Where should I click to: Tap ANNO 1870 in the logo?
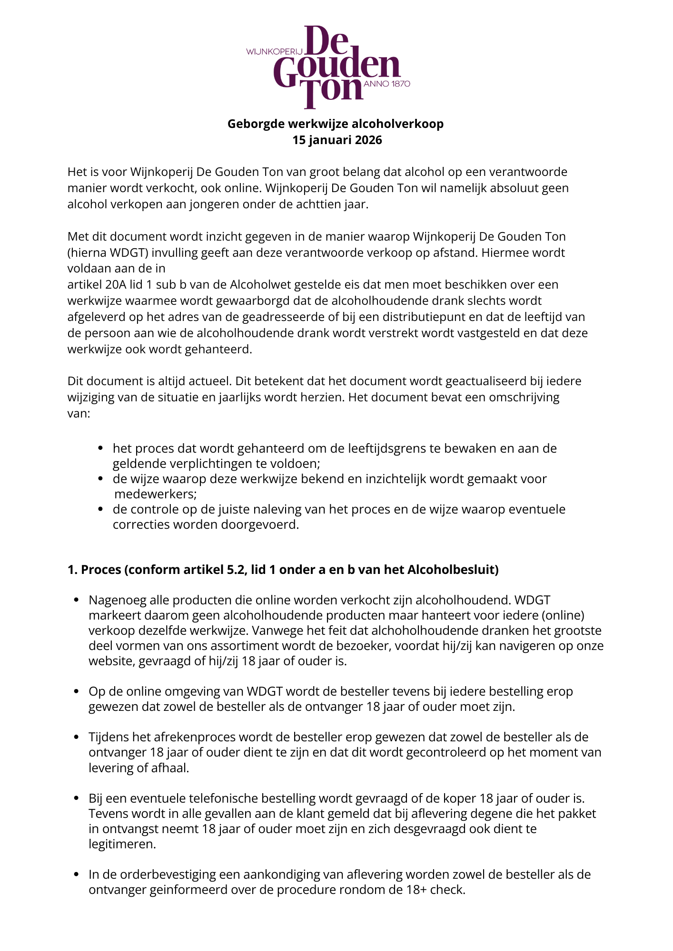pos(386,84)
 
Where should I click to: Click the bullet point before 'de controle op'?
pos(100,509)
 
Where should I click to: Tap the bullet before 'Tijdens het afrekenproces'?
pos(76,737)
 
